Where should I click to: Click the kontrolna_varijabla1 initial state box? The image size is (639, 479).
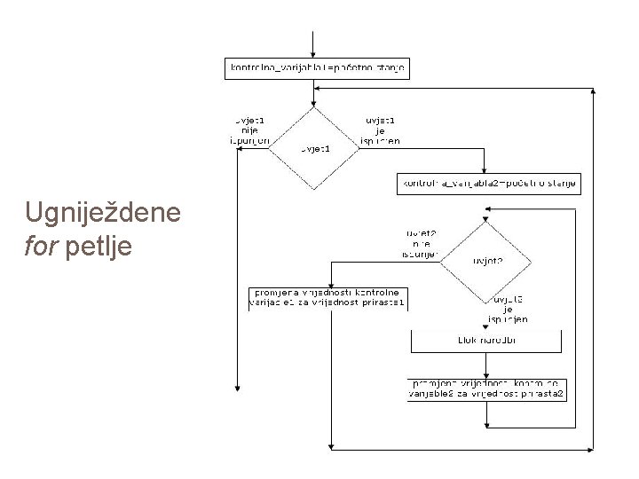(318, 68)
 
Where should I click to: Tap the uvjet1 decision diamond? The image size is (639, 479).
(313, 149)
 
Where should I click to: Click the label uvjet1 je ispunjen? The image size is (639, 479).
(382, 129)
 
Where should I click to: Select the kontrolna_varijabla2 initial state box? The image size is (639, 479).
(487, 185)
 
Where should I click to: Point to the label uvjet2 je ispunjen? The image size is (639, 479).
(509, 309)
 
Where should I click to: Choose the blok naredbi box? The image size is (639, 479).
(485, 340)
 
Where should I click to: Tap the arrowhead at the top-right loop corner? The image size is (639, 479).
(593, 89)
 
